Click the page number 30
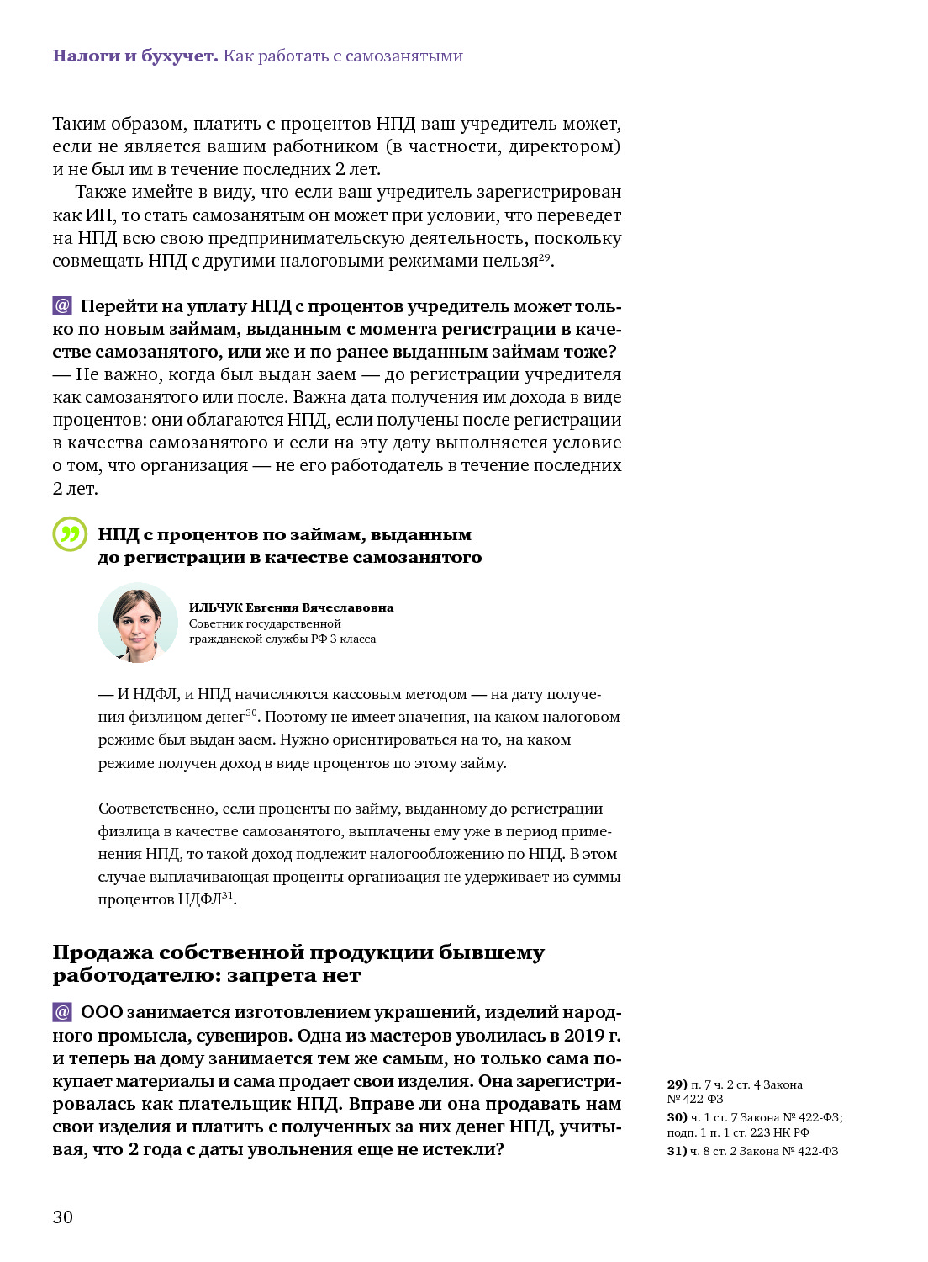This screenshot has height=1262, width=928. (62, 1217)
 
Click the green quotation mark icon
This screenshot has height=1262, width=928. (70, 534)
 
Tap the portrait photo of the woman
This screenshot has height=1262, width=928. (138, 623)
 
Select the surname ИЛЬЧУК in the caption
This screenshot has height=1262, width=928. (215, 607)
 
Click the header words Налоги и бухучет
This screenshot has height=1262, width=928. (134, 56)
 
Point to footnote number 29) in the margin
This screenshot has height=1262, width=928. (677, 1084)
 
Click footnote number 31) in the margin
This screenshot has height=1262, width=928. (677, 1151)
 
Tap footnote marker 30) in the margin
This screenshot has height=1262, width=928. (677, 1117)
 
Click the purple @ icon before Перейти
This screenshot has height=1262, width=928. (62, 305)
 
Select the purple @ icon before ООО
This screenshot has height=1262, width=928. (62, 1011)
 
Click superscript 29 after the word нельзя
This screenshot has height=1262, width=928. (544, 257)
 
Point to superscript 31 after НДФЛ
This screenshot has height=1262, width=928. (227, 895)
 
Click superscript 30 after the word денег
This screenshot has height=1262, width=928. (250, 713)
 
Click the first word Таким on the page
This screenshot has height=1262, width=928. (76, 124)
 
